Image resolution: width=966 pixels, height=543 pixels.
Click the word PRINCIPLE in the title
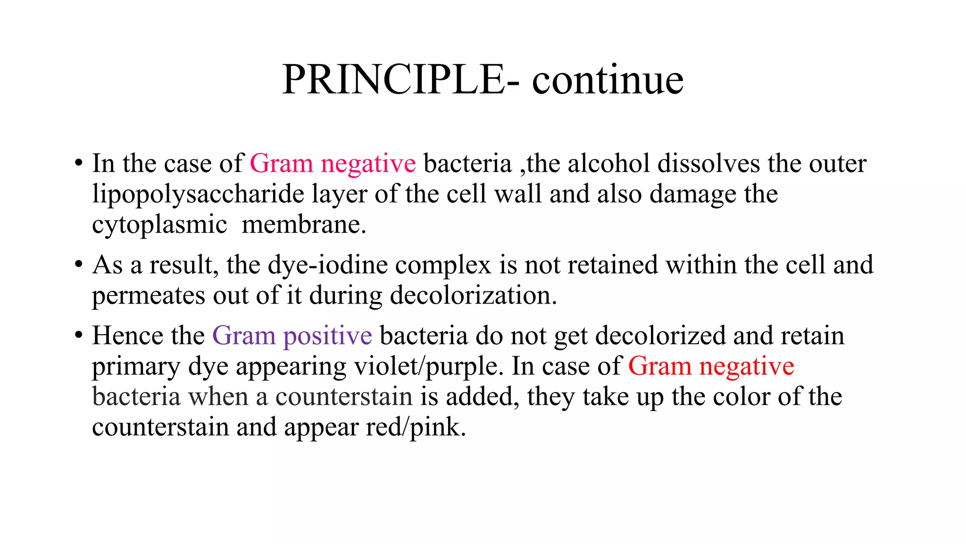(394, 80)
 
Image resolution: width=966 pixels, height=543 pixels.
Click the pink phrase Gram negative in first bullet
(333, 164)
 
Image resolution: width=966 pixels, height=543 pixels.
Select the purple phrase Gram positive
(292, 336)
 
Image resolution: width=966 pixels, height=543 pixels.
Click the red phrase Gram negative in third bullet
(711, 366)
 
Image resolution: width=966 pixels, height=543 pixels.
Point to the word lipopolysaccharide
(198, 194)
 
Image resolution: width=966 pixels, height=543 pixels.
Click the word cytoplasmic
(159, 224)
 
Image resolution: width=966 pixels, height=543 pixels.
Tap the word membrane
(304, 224)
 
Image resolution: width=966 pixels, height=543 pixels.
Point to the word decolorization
(473, 296)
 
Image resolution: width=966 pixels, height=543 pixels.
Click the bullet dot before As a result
(79, 265)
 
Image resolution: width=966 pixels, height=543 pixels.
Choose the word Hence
(127, 336)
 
